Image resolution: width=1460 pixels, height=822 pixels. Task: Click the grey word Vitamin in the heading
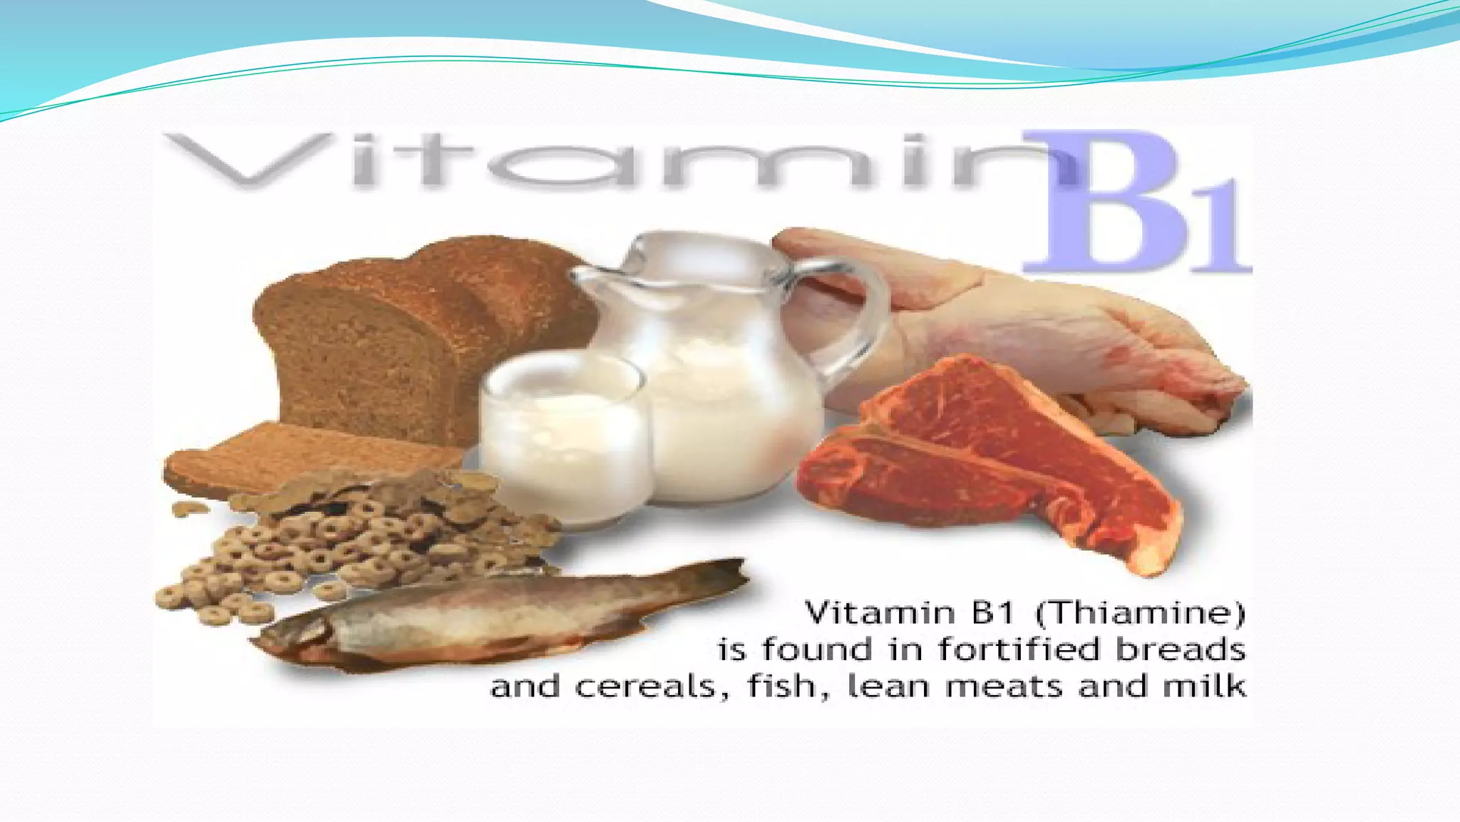pos(613,163)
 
